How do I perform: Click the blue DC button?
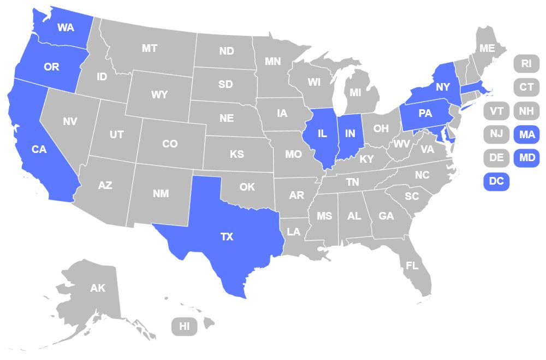point(496,181)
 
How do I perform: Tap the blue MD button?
point(527,157)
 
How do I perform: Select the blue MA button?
point(527,134)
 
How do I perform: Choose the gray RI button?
point(526,63)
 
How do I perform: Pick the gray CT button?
point(526,87)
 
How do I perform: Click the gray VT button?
point(496,111)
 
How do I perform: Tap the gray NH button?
point(526,111)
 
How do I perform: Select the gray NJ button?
point(496,134)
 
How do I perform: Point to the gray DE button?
point(496,157)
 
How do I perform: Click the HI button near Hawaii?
point(185,327)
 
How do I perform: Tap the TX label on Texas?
point(227,237)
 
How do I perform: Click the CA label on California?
point(39,149)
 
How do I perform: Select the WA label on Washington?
point(66,27)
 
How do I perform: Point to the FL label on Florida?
point(412,266)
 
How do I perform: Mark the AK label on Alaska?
point(98,288)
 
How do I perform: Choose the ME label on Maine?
point(487,48)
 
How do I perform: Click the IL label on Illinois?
point(323,133)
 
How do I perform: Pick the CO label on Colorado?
point(170,144)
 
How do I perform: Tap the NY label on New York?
point(442,87)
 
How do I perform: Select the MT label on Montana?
point(150,48)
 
